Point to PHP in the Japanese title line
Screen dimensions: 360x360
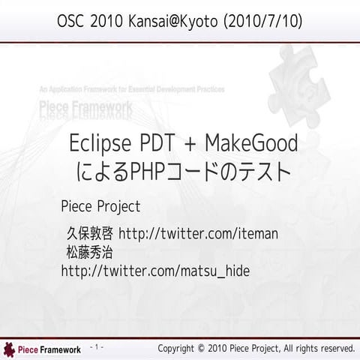pos(149,172)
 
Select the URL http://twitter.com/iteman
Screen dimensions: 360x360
pos(199,234)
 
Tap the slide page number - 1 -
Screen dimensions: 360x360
pos(97,348)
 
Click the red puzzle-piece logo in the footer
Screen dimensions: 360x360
pos(10,349)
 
